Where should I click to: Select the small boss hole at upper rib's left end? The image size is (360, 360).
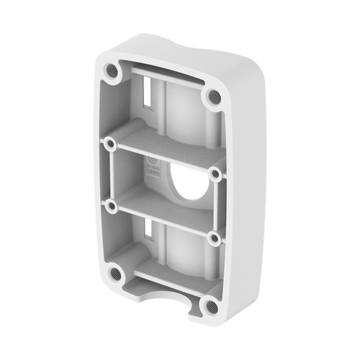[110, 143]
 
